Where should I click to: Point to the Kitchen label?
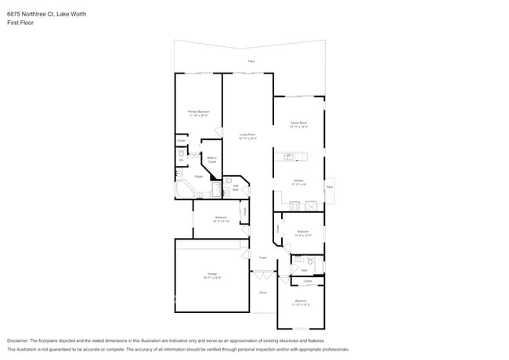pyautogui.click(x=298, y=182)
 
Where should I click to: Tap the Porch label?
pyautogui.click(x=263, y=292)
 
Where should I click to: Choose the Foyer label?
pyautogui.click(x=264, y=257)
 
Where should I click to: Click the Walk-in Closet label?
pyautogui.click(x=211, y=160)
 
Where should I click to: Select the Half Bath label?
pyautogui.click(x=235, y=187)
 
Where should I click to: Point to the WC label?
pyautogui.click(x=181, y=160)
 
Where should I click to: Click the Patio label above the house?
pyautogui.click(x=251, y=61)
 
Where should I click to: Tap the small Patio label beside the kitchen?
pyautogui.click(x=330, y=187)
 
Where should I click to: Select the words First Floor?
pyautogui.click(x=20, y=23)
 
